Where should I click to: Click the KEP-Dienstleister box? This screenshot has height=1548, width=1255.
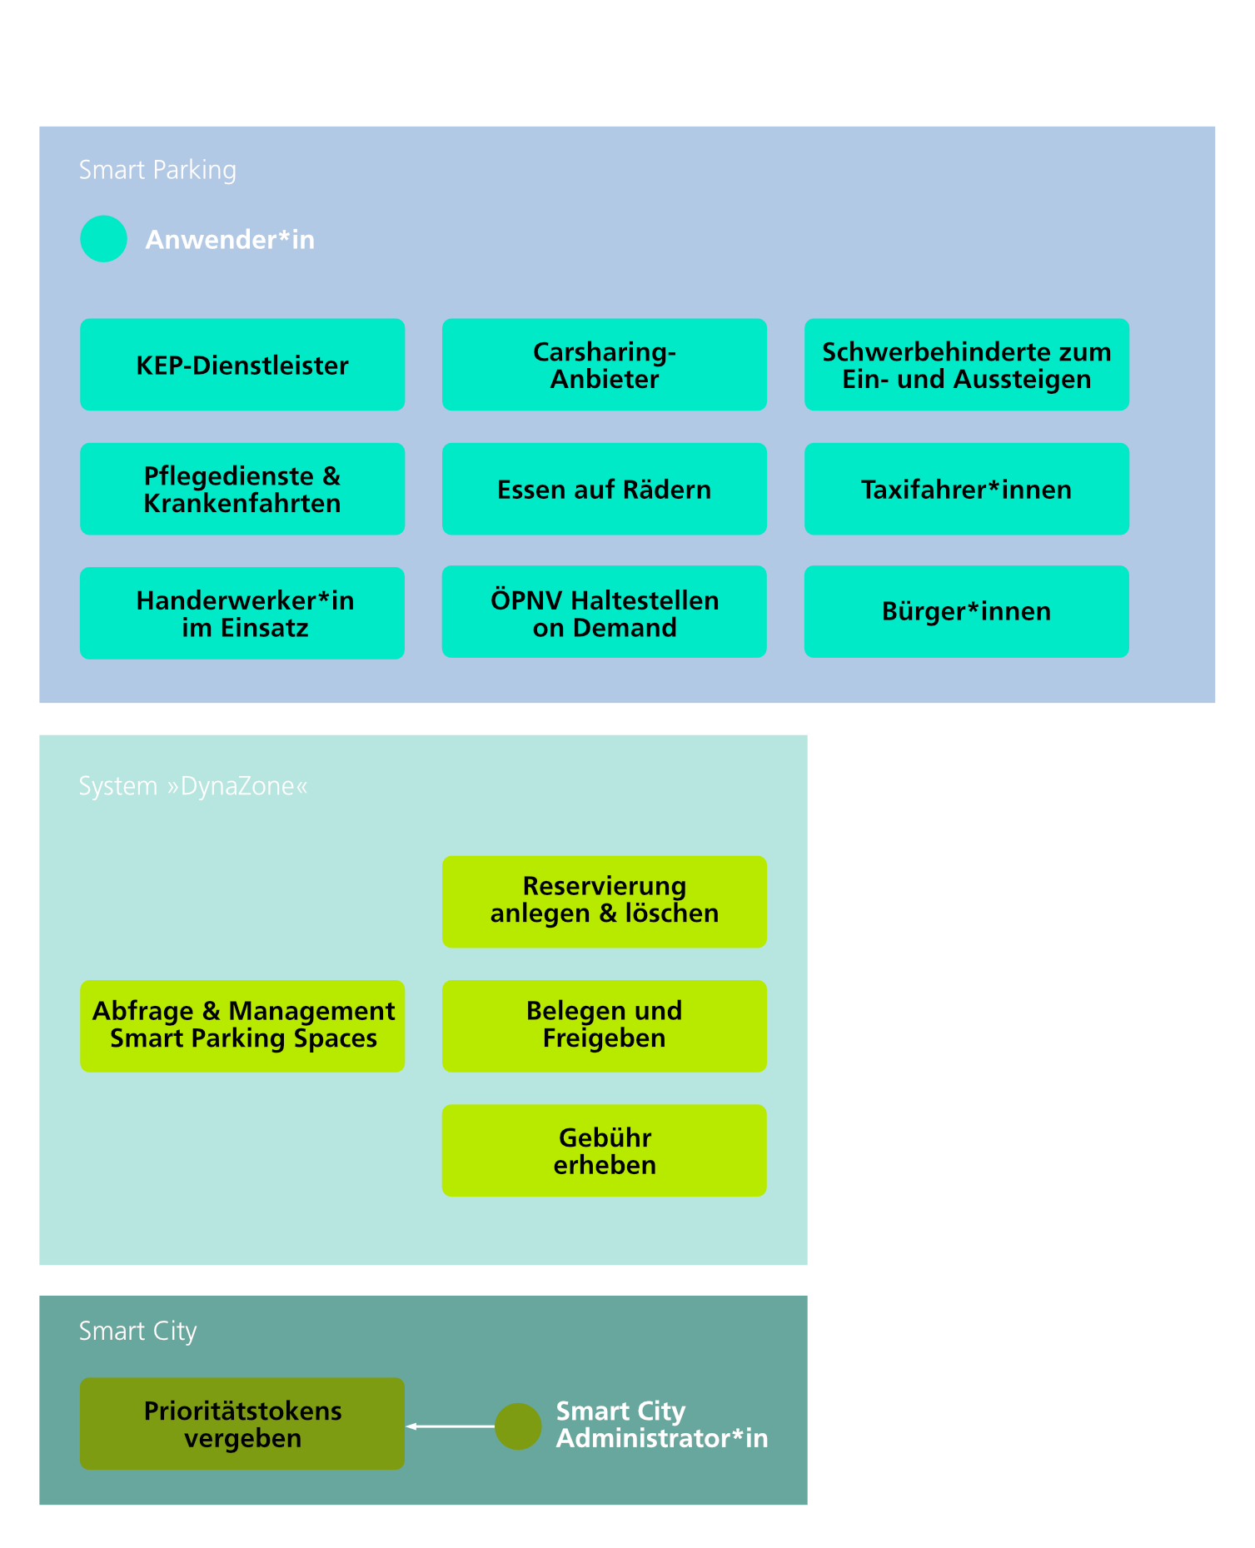pyautogui.click(x=242, y=365)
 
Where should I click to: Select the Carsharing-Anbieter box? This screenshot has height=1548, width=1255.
pyautogui.click(x=605, y=365)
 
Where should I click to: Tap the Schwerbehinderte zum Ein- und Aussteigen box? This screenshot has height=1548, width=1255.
pyautogui.click(x=966, y=365)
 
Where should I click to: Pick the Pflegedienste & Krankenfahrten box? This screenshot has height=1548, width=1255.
pyautogui.click(x=242, y=489)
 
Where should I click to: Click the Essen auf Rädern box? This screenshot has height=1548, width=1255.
pyautogui.click(x=605, y=489)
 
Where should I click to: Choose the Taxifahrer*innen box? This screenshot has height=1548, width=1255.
pyautogui.click(x=966, y=489)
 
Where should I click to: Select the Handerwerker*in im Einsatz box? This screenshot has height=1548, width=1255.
pyautogui.click(x=242, y=613)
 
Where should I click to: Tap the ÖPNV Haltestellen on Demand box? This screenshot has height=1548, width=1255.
pyautogui.click(x=605, y=612)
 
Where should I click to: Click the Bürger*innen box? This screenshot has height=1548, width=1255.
pyautogui.click(x=966, y=612)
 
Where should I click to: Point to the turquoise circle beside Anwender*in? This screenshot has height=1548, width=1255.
pyautogui.click(x=103, y=239)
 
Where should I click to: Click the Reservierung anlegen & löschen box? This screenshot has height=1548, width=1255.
pyautogui.click(x=605, y=902)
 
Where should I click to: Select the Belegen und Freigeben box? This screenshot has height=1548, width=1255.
pyautogui.click(x=605, y=1026)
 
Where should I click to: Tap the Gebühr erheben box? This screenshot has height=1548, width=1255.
pyautogui.click(x=605, y=1151)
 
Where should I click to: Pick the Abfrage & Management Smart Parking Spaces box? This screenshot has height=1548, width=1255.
pyautogui.click(x=242, y=1026)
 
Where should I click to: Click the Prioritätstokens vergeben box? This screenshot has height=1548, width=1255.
pyautogui.click(x=242, y=1423)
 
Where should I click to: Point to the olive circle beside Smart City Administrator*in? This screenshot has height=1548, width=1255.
pyautogui.click(x=518, y=1426)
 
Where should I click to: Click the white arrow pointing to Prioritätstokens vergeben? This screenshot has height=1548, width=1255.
pyautogui.click(x=450, y=1426)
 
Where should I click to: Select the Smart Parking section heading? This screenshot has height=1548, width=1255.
pyautogui.click(x=157, y=170)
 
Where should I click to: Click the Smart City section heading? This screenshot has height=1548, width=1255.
pyautogui.click(x=137, y=1331)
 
